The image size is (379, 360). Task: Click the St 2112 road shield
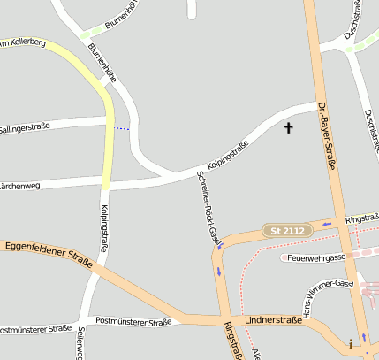click(x=287, y=230)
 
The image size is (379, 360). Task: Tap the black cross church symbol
click(x=287, y=129)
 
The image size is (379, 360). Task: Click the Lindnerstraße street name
click(x=274, y=319)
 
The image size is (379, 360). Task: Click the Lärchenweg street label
click(x=19, y=186)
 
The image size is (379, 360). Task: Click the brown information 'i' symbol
click(x=351, y=342)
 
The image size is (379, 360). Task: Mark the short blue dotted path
click(x=122, y=129)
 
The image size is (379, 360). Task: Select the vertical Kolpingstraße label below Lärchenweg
click(x=103, y=228)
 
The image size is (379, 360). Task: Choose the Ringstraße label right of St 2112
click(x=361, y=218)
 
